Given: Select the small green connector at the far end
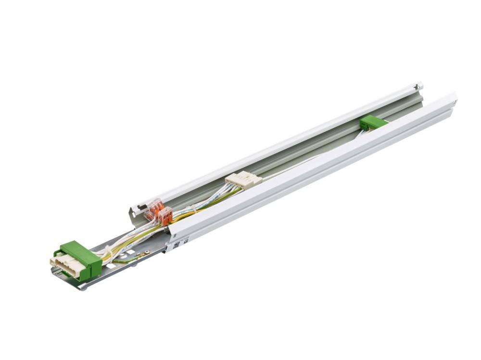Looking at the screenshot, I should point(373,123).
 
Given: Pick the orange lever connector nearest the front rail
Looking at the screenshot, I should point(165,217).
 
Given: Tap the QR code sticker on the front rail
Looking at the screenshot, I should point(176,243).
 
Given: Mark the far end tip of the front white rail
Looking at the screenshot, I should point(454,98).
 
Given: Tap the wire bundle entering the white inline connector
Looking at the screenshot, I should point(219,192).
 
